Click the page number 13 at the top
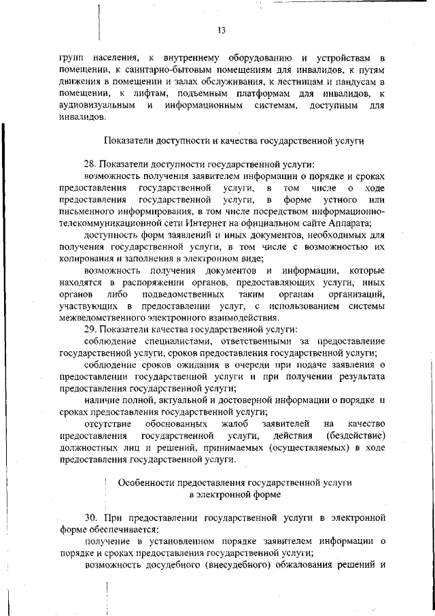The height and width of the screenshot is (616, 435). point(221,30)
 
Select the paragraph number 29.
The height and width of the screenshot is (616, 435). point(90,329)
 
